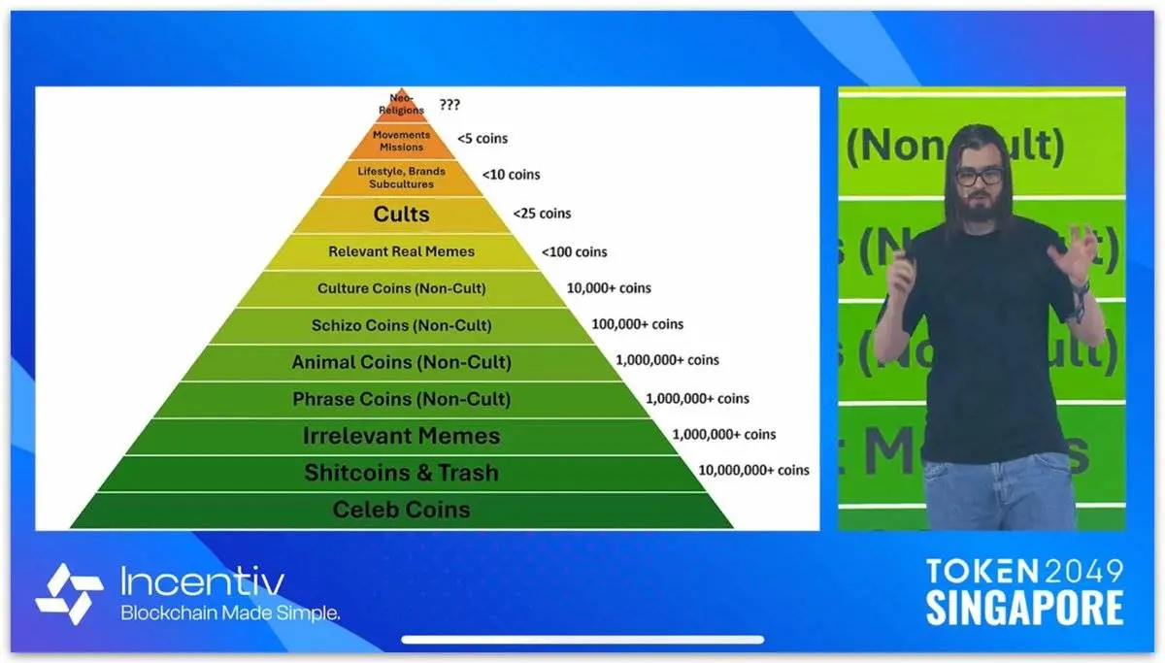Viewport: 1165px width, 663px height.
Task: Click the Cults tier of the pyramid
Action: pyautogui.click(x=402, y=215)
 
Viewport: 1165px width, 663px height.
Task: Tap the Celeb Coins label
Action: pyautogui.click(x=402, y=510)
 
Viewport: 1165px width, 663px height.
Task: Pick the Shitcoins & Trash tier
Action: pyautogui.click(x=402, y=473)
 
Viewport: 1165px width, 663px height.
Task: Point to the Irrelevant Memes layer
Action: pyautogui.click(x=402, y=436)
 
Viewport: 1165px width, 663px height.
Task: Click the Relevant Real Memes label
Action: pyautogui.click(x=402, y=251)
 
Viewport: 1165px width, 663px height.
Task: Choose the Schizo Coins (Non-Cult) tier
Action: pyautogui.click(x=402, y=325)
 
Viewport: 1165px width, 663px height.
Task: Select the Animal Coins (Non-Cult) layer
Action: pyautogui.click(x=402, y=362)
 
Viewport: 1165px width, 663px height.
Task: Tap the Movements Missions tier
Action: pyautogui.click(x=402, y=141)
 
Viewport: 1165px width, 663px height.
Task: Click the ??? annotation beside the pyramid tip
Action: pyautogui.click(x=449, y=105)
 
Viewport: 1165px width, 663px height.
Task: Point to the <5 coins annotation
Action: pyautogui.click(x=483, y=138)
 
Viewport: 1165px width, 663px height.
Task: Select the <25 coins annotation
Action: pyautogui.click(x=542, y=214)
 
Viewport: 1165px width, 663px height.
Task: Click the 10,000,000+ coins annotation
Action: pyautogui.click(x=753, y=470)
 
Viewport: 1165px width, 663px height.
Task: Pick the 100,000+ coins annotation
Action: pyautogui.click(x=638, y=324)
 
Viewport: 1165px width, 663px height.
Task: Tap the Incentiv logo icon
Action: pyautogui.click(x=69, y=593)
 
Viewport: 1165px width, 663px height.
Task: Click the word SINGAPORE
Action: pyautogui.click(x=1024, y=608)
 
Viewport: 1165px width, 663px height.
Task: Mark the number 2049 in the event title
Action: pyautogui.click(x=1083, y=572)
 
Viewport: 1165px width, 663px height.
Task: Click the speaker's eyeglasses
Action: pyautogui.click(x=980, y=177)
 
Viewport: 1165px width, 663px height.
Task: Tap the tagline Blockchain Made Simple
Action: pyautogui.click(x=230, y=613)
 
